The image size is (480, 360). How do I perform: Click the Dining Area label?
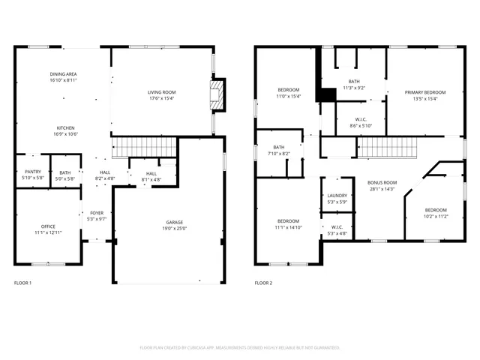click(x=64, y=73)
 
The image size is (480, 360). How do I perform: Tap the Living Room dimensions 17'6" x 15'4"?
click(x=161, y=98)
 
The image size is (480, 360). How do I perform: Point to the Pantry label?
click(x=33, y=172)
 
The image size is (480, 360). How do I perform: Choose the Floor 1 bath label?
click(x=65, y=172)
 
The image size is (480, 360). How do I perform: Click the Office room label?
click(x=48, y=226)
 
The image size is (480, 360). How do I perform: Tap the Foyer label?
click(x=97, y=213)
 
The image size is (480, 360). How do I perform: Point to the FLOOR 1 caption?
click(x=23, y=283)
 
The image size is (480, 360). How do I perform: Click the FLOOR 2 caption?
click(x=263, y=283)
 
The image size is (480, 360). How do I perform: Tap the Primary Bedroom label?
click(x=425, y=92)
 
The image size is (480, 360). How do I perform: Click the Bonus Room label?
click(x=382, y=182)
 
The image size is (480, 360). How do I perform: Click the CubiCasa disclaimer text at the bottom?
click(x=240, y=348)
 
